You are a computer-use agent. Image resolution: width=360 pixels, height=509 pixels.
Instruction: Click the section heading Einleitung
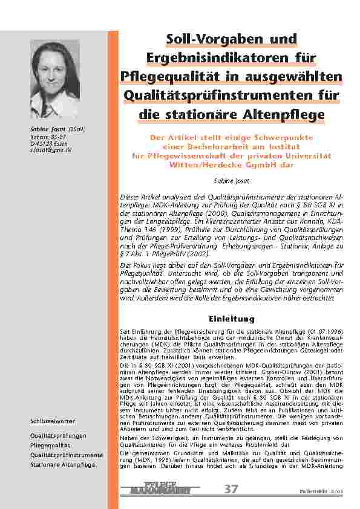click(231, 319)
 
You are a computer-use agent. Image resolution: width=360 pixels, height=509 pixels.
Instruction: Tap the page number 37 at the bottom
click(231, 488)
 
